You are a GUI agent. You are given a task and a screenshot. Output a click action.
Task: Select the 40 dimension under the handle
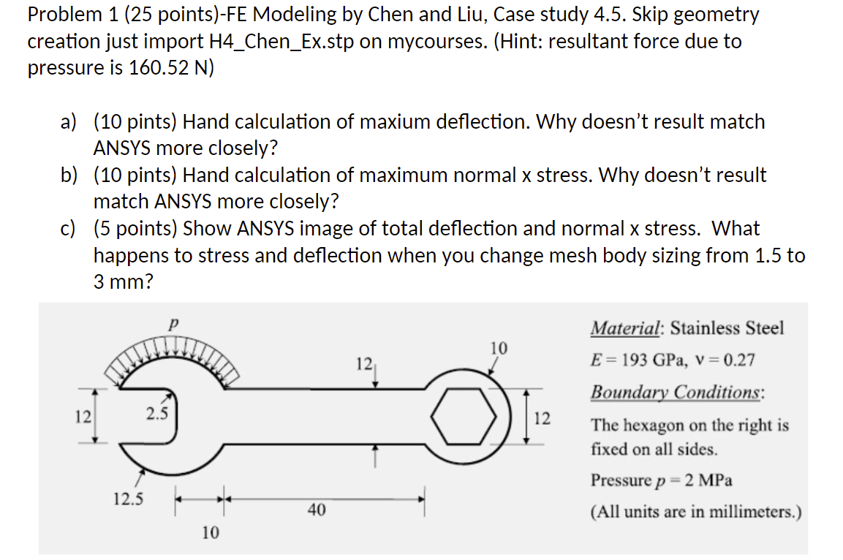point(316,510)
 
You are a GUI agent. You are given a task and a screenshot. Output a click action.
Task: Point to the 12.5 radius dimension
point(128,500)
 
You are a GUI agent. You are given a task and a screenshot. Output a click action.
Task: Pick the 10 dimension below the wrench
point(210,533)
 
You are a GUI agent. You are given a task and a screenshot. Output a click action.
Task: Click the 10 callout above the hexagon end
point(499,347)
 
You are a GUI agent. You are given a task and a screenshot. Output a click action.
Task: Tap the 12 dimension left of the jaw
point(82,417)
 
